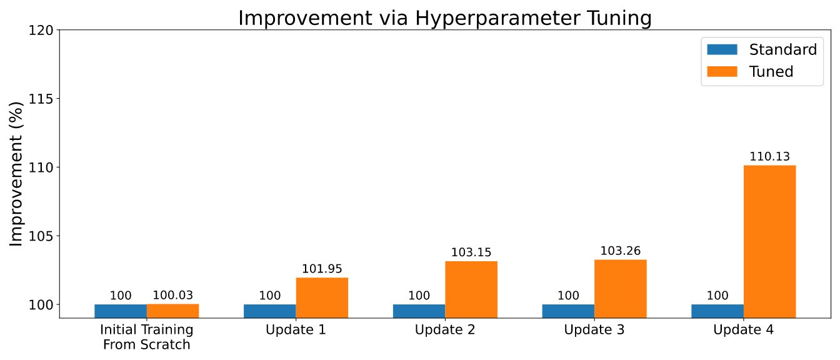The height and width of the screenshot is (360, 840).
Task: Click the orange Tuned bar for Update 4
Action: pyautogui.click(x=769, y=241)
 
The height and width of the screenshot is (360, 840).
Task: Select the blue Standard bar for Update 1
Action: pyautogui.click(x=269, y=311)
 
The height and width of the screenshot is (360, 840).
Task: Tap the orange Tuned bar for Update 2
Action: pyautogui.click(x=471, y=289)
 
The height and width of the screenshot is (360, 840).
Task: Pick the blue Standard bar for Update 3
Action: pyautogui.click(x=568, y=311)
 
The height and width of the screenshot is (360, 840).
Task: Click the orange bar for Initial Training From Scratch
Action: pyautogui.click(x=172, y=311)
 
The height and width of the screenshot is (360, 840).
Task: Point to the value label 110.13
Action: pyautogui.click(x=769, y=156)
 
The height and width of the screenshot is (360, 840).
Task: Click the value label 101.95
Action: pyautogui.click(x=322, y=269)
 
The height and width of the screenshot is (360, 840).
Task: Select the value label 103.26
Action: pyautogui.click(x=620, y=251)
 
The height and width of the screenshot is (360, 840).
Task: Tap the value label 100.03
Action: pyautogui.click(x=172, y=295)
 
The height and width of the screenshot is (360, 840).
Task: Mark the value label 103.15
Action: pyautogui.click(x=471, y=252)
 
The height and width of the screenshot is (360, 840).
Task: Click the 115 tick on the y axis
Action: pyautogui.click(x=41, y=99)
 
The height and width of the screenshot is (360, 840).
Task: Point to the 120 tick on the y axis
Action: pyautogui.click(x=41, y=30)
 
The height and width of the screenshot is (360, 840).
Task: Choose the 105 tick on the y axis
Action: pyautogui.click(x=41, y=236)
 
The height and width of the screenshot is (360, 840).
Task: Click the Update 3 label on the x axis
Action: pyautogui.click(x=594, y=329)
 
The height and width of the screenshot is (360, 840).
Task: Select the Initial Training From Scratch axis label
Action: pyautogui.click(x=147, y=337)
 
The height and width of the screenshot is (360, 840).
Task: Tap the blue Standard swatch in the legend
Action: pyautogui.click(x=722, y=49)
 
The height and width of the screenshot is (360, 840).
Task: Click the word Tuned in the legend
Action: pyautogui.click(x=771, y=71)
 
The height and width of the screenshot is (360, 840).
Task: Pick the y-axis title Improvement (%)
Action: pyautogui.click(x=16, y=174)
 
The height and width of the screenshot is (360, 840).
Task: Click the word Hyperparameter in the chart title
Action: pyautogui.click(x=498, y=17)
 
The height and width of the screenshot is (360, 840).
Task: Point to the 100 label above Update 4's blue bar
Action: pyautogui.click(x=717, y=296)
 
